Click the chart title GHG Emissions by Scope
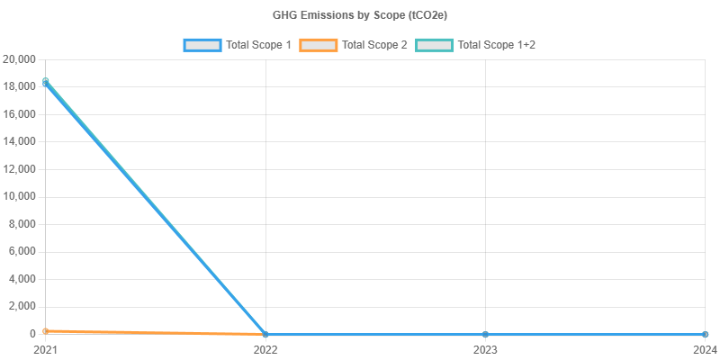coord(359,15)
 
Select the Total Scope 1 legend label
coord(258,45)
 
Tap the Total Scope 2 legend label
coord(374,45)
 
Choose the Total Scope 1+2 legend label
coord(497,45)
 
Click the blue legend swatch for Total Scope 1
coord(202,45)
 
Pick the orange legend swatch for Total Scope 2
coord(318,45)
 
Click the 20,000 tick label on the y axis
coord(19,59)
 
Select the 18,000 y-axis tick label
coord(19,86)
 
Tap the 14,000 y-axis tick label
coord(19,141)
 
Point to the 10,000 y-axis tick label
coord(19,196)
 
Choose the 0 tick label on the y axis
coord(31,333)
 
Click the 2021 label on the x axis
coord(45,348)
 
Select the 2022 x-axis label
coord(265,348)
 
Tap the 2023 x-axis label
coord(485,348)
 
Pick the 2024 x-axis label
coord(705,348)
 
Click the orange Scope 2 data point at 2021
coord(46,331)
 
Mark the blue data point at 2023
coord(485,334)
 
